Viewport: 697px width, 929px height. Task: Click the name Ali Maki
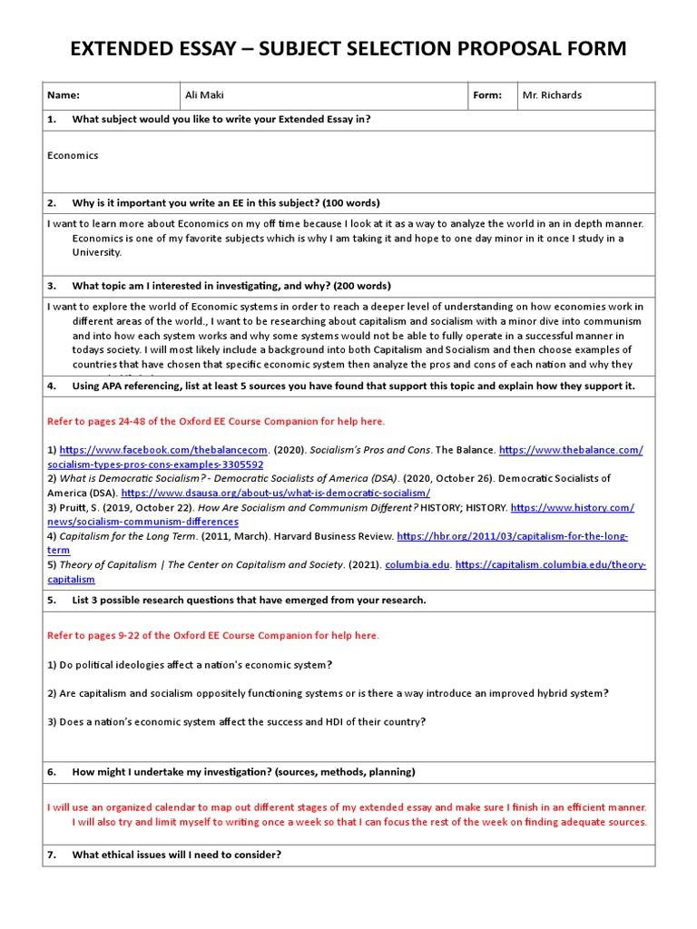coord(206,95)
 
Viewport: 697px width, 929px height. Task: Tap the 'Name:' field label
coord(64,95)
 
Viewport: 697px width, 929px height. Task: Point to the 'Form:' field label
coord(487,95)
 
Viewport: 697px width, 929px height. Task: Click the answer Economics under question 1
coord(73,155)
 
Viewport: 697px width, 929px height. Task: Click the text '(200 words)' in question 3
coord(360,286)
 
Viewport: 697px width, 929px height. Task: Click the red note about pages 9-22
coord(213,635)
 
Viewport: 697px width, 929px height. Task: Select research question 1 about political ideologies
coord(190,665)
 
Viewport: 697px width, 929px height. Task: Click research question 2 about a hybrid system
coord(328,693)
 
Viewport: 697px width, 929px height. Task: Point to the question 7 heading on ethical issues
coord(176,855)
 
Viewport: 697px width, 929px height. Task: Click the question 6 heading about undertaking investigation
coord(243,772)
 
